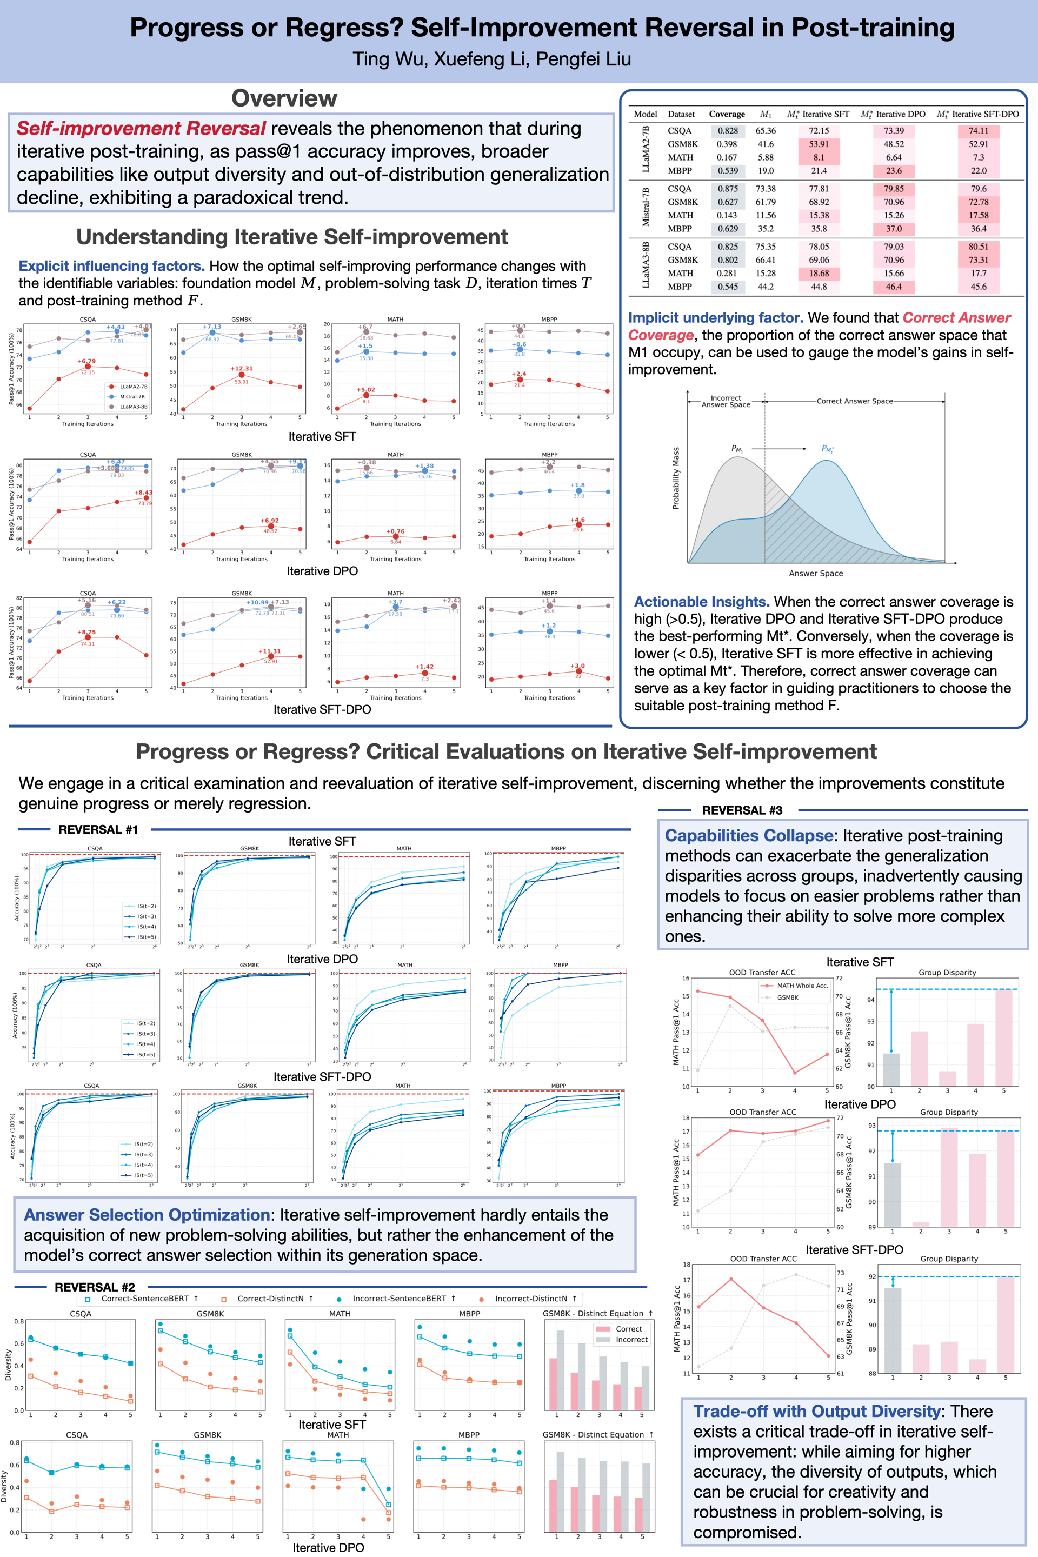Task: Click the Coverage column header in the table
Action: pyautogui.click(x=726, y=114)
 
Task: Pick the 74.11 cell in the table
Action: pyautogui.click(x=978, y=130)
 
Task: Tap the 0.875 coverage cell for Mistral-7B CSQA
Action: pyautogui.click(x=728, y=189)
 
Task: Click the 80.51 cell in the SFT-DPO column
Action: pyautogui.click(x=978, y=247)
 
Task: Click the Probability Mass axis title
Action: pyautogui.click(x=676, y=478)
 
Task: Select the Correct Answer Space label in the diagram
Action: pyautogui.click(x=854, y=401)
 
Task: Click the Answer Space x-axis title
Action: pyautogui.click(x=816, y=573)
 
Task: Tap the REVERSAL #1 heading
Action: pyautogui.click(x=98, y=829)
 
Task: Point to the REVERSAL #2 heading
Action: pyautogui.click(x=95, y=1287)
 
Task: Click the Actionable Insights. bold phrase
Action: pyautogui.click(x=701, y=602)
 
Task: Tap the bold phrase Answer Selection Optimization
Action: pyautogui.click(x=147, y=1215)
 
